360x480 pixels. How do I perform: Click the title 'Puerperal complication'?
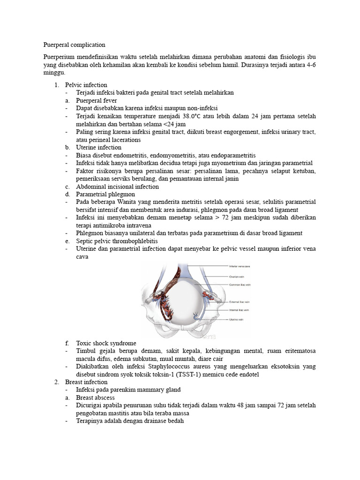[74, 45]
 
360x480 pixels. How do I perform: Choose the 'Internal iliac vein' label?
[239, 310]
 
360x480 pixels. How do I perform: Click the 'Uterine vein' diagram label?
[236, 319]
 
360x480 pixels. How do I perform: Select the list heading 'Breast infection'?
[87, 382]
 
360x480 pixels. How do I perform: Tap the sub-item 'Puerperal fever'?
[97, 100]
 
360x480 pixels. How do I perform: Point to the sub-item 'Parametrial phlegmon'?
[105, 194]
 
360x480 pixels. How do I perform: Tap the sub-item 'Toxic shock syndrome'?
[106, 343]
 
